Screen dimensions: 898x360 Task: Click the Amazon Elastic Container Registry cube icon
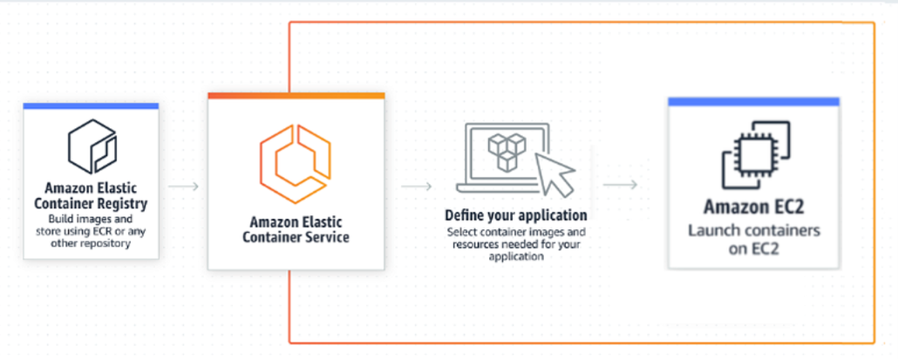click(x=92, y=146)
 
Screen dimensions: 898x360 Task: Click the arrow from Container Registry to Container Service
click(x=183, y=186)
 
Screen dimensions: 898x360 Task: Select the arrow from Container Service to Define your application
click(x=417, y=186)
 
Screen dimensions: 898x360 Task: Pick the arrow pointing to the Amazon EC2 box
click(x=620, y=185)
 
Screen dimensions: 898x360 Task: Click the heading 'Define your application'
click(x=515, y=214)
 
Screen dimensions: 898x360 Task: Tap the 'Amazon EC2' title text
click(x=752, y=207)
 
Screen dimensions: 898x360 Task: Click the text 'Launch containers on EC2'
click(x=753, y=239)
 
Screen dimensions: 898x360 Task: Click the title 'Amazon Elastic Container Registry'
click(x=92, y=195)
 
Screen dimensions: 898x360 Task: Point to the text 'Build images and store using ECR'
click(x=91, y=225)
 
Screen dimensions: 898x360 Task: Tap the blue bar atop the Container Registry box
click(x=91, y=106)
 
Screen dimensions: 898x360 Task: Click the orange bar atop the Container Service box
click(x=296, y=95)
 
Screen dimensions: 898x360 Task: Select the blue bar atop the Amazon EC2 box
click(x=753, y=102)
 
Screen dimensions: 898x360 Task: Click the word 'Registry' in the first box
click(x=122, y=203)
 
